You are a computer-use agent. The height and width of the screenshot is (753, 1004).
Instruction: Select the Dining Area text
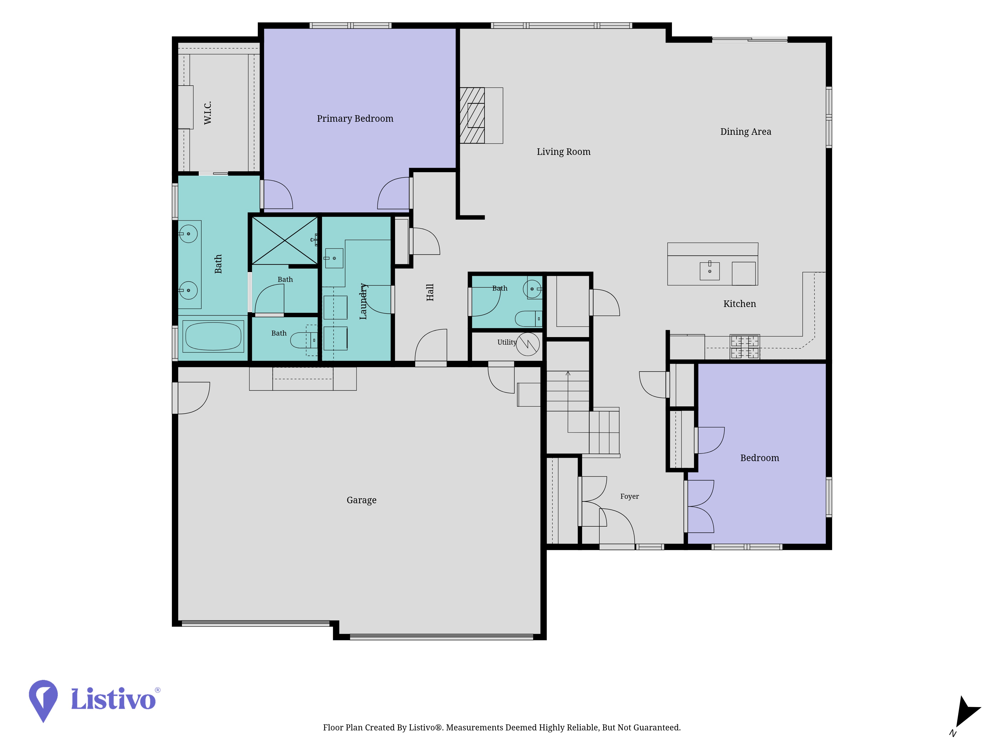click(x=746, y=132)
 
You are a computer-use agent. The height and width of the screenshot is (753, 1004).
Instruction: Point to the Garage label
click(x=361, y=500)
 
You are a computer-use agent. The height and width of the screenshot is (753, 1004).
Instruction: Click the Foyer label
click(x=630, y=496)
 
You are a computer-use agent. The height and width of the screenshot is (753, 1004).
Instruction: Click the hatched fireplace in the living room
click(x=472, y=115)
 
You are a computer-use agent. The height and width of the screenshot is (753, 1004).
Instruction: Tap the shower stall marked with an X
click(x=285, y=240)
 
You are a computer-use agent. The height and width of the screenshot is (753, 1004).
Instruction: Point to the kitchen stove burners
click(x=744, y=347)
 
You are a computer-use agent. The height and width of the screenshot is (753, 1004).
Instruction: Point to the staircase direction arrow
click(x=568, y=402)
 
